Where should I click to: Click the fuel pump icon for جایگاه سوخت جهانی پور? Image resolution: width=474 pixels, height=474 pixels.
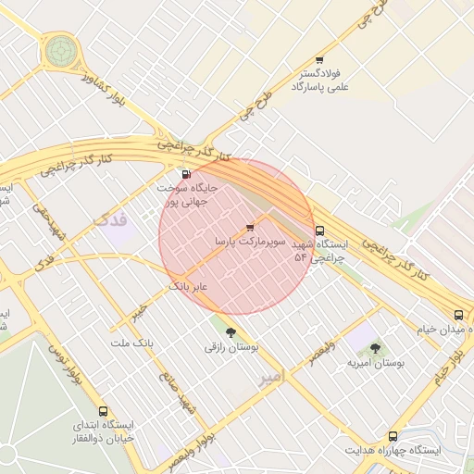coord(187,173)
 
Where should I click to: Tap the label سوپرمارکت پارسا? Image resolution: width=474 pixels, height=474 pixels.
coord(245,241)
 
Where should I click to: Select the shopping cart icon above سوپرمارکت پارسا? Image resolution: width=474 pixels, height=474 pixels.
coord(250,227)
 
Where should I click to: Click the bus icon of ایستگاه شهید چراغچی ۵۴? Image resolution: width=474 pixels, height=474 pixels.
coord(320,231)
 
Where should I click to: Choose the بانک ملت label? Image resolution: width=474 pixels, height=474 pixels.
coord(131,343)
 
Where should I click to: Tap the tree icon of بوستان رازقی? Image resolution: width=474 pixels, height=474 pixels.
coord(230,331)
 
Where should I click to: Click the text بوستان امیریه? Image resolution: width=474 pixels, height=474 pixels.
coord(376,363)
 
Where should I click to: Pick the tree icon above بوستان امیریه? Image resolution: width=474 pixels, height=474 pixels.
coord(375,348)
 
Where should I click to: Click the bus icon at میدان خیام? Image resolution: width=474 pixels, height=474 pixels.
coord(459,316)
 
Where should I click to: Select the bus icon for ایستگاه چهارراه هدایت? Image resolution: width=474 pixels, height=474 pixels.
coord(393,435)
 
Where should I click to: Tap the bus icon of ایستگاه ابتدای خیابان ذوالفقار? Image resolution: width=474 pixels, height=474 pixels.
coord(102,411)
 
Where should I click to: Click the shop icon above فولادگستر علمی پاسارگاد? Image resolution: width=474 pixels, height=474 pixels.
coord(320,58)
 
